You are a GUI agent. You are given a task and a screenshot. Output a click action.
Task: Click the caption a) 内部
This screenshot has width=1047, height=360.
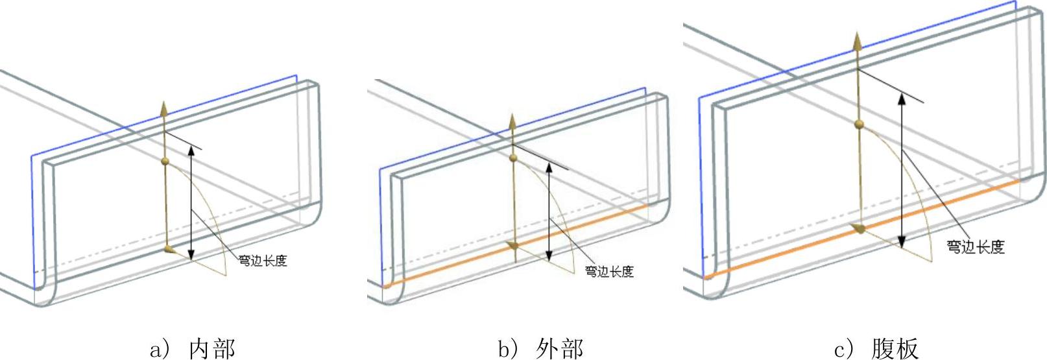[192, 349]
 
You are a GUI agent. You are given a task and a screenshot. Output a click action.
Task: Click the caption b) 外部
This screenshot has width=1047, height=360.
[540, 349]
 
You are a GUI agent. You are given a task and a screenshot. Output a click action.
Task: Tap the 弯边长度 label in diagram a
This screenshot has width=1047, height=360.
[263, 261]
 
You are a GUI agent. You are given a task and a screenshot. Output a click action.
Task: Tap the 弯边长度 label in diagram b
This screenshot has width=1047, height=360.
[609, 271]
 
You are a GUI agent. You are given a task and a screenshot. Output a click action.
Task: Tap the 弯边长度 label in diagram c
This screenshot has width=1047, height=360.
[975, 246]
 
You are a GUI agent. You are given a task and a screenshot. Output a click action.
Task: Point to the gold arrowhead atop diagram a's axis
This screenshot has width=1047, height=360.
[164, 108]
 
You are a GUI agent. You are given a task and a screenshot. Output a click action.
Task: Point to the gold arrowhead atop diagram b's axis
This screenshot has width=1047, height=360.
[512, 121]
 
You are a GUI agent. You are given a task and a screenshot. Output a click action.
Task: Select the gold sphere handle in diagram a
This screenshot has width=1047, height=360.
[165, 160]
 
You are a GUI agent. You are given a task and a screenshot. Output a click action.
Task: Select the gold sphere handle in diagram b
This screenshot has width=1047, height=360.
[513, 158]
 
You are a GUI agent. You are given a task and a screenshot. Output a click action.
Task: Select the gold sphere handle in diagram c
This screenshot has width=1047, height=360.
[859, 123]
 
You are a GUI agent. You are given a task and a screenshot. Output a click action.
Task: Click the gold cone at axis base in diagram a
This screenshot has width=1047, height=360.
[169, 249]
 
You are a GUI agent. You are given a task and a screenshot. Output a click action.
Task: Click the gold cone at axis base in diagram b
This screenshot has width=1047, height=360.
[512, 245]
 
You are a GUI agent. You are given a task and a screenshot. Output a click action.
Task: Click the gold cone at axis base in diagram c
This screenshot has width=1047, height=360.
[859, 228]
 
